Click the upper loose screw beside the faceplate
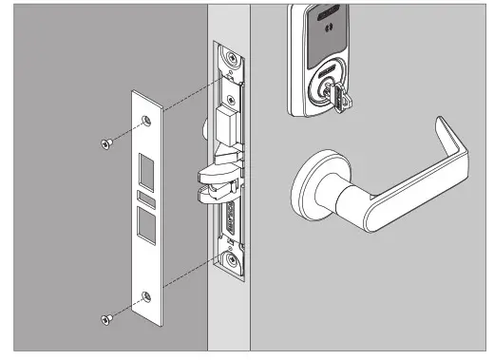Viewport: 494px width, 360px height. click(x=104, y=142)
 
